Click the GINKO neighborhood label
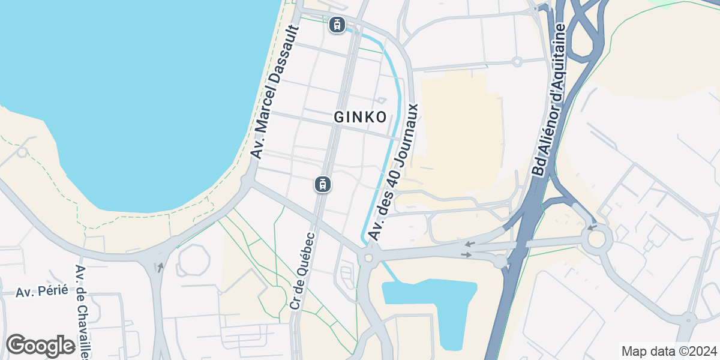pyautogui.click(x=360, y=118)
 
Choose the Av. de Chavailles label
pyautogui.click(x=82, y=312)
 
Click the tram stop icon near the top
pyautogui.click(x=337, y=25)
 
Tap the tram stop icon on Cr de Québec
pyautogui.click(x=323, y=184)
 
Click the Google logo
pyautogui.click(x=40, y=346)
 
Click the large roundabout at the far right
pyautogui.click(x=598, y=239)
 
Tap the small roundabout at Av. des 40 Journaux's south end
pyautogui.click(x=368, y=258)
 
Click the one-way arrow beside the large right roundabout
pyautogui.click(x=592, y=227)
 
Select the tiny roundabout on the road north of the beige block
pyautogui.click(x=517, y=61)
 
